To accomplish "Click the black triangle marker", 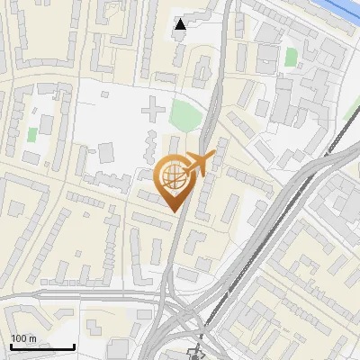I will pyautogui.click(x=181, y=24).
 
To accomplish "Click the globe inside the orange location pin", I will pyautogui.click(x=173, y=176).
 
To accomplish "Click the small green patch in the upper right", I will pyautogui.click(x=291, y=57).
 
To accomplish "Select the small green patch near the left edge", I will pyautogui.click(x=32, y=133).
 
